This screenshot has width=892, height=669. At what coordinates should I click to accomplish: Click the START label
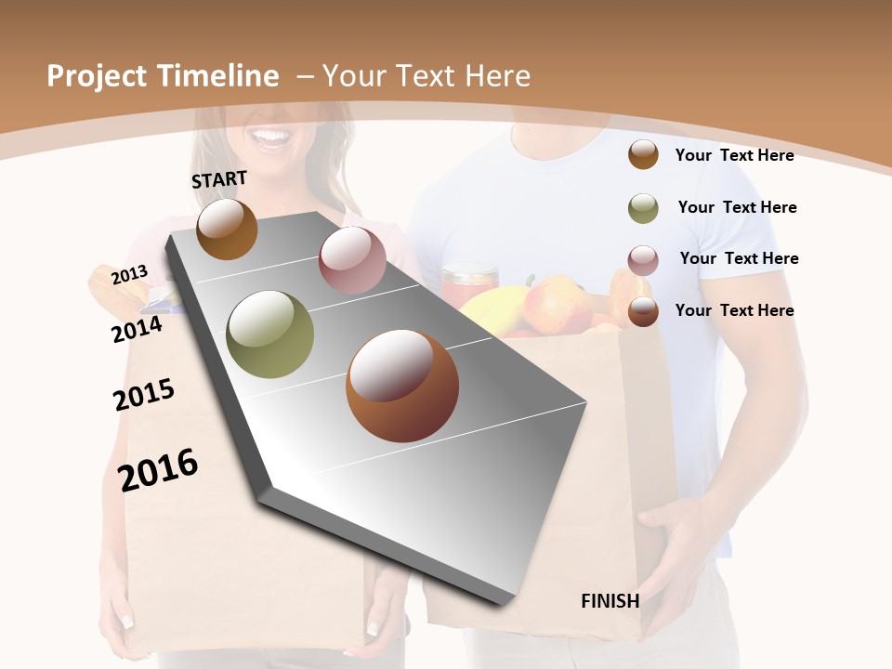219,179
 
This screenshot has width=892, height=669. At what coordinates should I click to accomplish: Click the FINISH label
610,601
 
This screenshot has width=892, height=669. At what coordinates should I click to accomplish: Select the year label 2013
129,274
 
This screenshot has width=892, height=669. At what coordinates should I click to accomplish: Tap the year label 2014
138,329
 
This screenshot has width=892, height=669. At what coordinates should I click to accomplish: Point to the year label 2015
144,395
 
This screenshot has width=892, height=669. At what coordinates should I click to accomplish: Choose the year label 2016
158,469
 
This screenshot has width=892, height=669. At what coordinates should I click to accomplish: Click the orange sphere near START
227,229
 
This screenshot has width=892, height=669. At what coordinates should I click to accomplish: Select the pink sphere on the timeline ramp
352,260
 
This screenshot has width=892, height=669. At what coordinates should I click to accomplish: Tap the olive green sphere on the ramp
270,334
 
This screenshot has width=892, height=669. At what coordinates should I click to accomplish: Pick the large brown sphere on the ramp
402,386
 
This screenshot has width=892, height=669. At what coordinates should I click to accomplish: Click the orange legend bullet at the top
643,154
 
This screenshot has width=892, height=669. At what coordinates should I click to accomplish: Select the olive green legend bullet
643,208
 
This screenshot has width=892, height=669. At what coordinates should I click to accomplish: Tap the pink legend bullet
643,260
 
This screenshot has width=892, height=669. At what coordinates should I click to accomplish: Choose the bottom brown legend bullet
643,311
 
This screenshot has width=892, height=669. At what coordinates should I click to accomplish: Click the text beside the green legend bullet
737,207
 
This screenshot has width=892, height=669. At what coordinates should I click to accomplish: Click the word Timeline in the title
217,76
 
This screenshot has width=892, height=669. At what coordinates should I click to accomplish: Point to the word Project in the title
98,76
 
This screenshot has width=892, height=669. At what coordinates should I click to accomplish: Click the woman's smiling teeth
271,137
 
